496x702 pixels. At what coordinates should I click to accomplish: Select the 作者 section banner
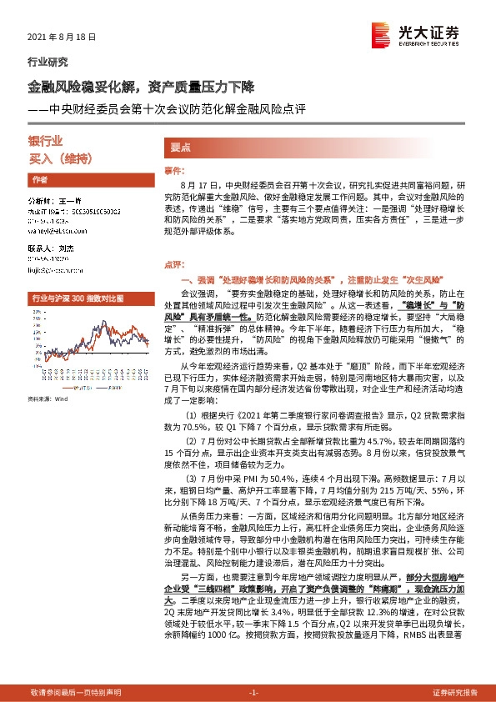(x=39, y=180)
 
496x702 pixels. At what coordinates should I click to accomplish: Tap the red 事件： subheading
(x=173, y=170)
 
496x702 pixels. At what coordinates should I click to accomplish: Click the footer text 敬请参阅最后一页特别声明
(x=76, y=692)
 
